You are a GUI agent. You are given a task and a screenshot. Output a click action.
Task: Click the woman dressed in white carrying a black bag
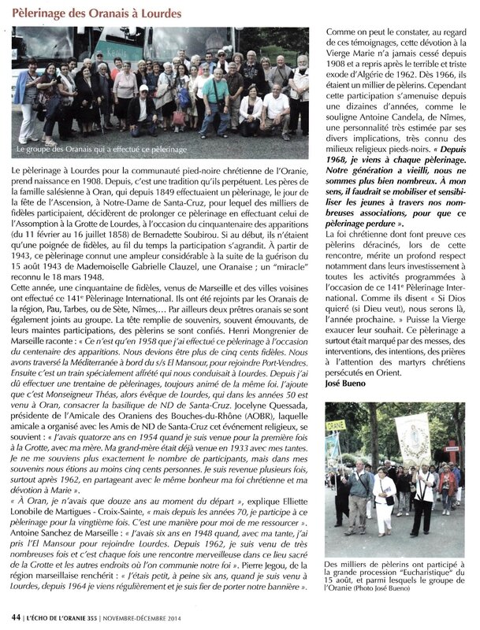point(384,501)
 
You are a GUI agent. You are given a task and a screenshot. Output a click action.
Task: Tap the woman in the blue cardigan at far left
point(28,98)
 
